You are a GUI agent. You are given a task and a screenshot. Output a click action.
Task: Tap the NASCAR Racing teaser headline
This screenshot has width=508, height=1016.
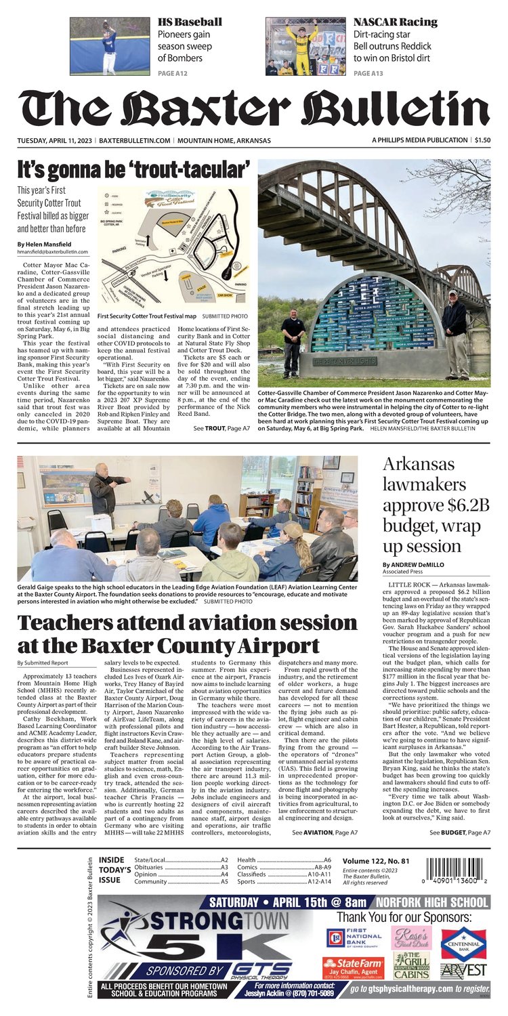point(395,22)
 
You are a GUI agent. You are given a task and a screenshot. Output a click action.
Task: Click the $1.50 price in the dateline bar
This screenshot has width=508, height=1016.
point(482,140)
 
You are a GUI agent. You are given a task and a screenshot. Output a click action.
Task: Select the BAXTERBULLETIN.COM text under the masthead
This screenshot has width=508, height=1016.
point(134,140)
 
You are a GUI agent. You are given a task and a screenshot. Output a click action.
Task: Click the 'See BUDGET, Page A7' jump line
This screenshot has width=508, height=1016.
point(460,832)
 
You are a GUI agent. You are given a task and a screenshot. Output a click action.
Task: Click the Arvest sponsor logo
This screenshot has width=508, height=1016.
point(463,971)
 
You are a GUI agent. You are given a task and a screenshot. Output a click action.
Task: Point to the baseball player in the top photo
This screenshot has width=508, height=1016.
point(108,47)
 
